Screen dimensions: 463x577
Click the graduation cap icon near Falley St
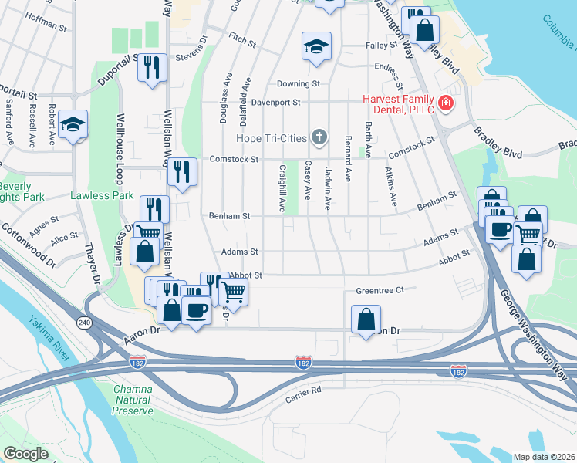click(x=316, y=47)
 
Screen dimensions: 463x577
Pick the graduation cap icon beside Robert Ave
click(x=73, y=124)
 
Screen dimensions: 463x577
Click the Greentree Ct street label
click(x=380, y=291)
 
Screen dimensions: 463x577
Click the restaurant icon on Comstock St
click(x=181, y=172)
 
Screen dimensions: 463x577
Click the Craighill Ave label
click(x=282, y=188)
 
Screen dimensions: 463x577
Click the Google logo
click(x=25, y=453)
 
